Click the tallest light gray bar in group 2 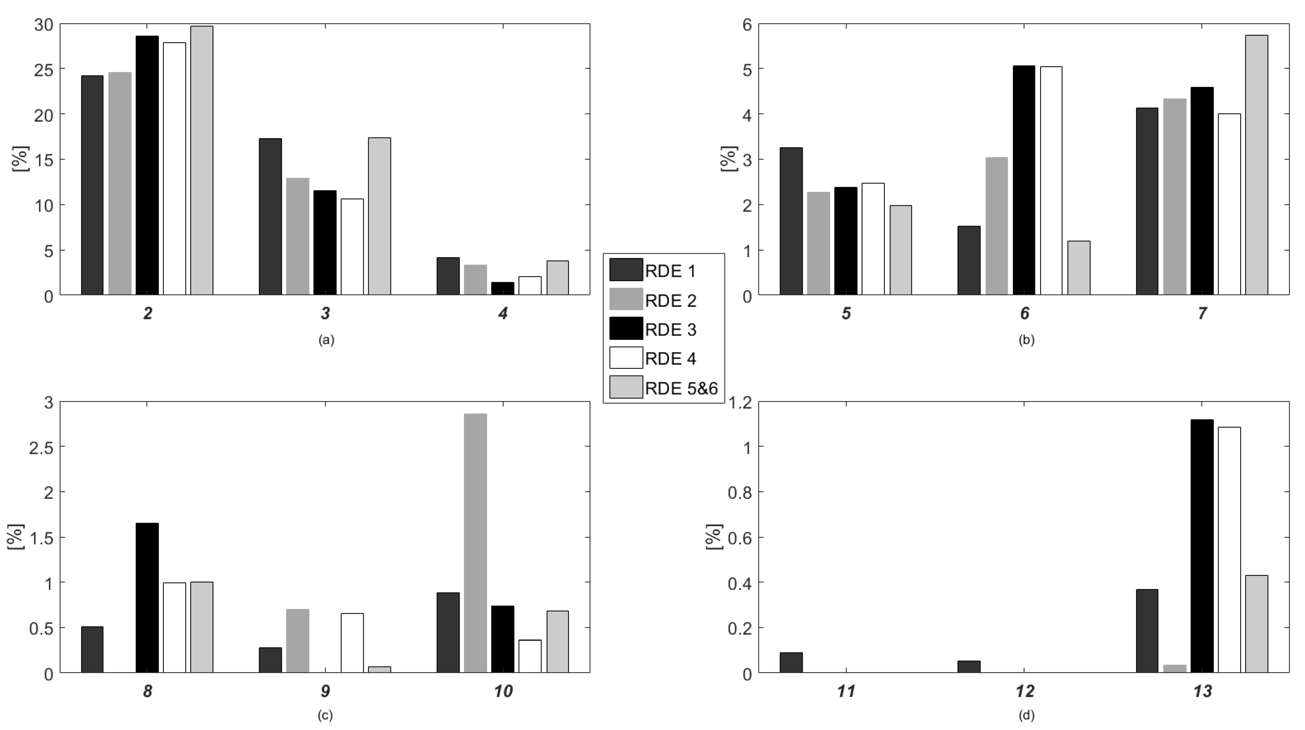[202, 160]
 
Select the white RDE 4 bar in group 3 [352, 247]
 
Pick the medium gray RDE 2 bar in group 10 [475, 543]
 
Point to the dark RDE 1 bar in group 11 [791, 662]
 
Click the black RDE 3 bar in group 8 [147, 598]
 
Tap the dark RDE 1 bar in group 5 [791, 221]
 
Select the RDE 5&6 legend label [681, 388]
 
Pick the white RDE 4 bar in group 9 [352, 643]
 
